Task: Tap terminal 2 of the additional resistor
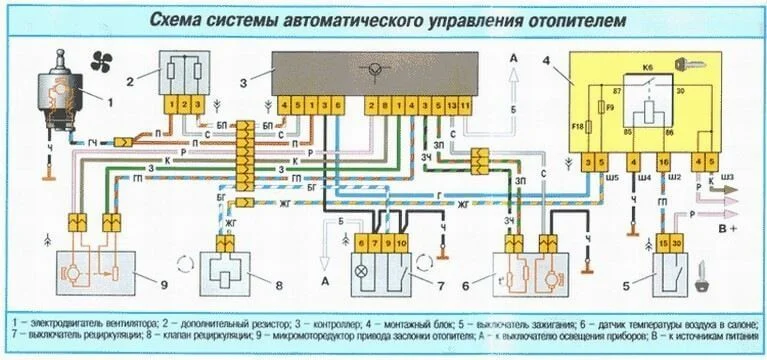185,104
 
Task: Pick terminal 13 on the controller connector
440,105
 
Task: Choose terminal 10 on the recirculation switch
402,243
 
